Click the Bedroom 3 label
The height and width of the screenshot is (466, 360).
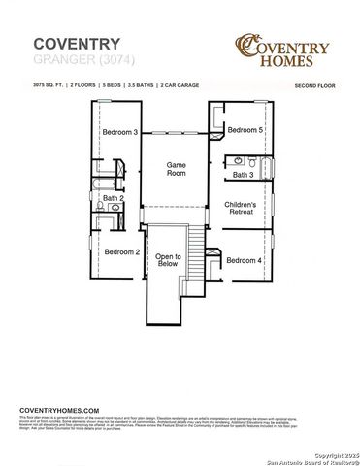121,132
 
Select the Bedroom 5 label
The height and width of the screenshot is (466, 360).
245,130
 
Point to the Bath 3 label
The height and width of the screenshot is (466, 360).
244,175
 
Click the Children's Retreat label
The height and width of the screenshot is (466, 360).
240,211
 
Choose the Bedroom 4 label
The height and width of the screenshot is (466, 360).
245,260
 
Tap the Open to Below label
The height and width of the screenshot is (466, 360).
169,259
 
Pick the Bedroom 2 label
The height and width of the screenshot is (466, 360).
122,251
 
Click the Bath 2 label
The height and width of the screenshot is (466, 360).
114,198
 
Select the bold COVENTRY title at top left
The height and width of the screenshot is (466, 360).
77,44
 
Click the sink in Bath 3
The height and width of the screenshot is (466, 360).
236,159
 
